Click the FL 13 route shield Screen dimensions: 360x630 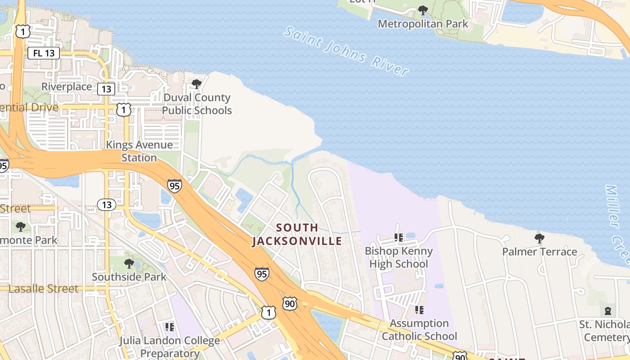[44, 53]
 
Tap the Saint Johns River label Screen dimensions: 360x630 [346, 51]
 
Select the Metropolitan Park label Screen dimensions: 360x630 [423, 24]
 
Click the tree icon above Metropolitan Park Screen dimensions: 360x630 [423, 10]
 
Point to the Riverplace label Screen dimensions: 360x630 [67, 86]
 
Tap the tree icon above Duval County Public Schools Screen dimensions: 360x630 [197, 84]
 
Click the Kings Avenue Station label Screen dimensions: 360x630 [139, 151]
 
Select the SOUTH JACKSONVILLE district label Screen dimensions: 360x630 [297, 234]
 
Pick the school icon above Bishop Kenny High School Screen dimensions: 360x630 [398, 237]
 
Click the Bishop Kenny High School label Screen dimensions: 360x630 [399, 257]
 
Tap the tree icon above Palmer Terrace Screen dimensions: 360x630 [539, 238]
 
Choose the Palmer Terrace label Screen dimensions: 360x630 [540, 252]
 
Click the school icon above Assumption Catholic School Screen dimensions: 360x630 [419, 310]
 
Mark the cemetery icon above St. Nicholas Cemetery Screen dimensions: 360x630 [608, 310]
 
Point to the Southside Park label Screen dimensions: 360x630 [129, 276]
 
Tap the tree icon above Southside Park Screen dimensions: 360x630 [129, 263]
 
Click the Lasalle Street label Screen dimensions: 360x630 [43, 288]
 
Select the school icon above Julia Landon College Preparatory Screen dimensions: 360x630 [170, 327]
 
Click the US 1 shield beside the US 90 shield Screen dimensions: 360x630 [268, 312]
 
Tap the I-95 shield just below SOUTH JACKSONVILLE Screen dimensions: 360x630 [261, 273]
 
